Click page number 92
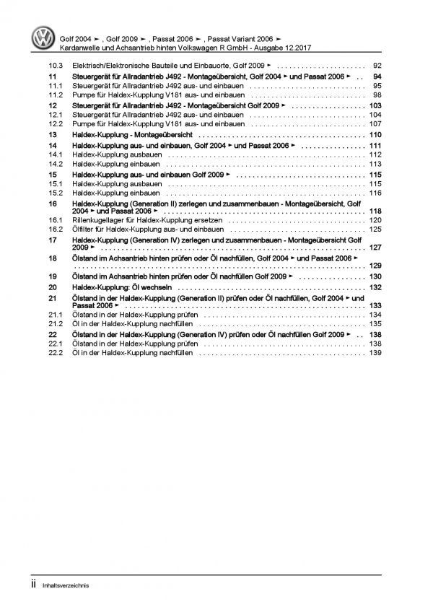pyautogui.click(x=376, y=64)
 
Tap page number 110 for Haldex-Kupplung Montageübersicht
pyautogui.click(x=374, y=135)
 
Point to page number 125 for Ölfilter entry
pyautogui.click(x=374, y=229)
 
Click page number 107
pyautogui.click(x=374, y=123)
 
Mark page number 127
pyautogui.click(x=374, y=248)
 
